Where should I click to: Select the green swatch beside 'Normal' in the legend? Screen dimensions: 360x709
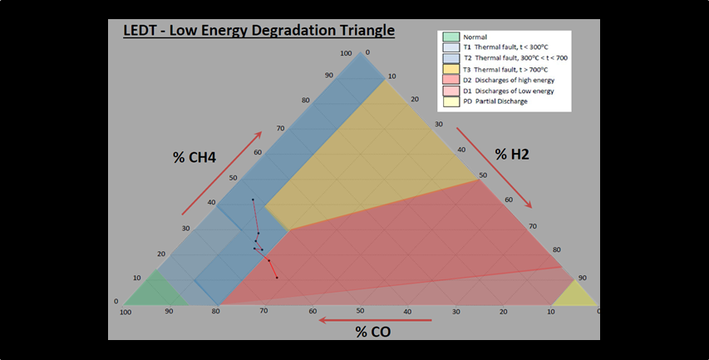pos(451,37)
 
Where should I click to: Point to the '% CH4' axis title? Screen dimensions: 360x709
pos(194,157)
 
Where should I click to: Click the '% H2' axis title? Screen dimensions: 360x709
pos(513,154)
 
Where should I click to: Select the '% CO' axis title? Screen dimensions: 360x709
pos(372,332)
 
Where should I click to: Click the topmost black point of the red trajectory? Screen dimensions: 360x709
pos(253,200)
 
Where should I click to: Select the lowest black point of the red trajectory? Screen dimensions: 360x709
pos(277,278)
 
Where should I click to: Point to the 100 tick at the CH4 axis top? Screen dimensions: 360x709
pos(347,54)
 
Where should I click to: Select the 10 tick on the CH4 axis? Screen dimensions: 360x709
pos(137,277)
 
